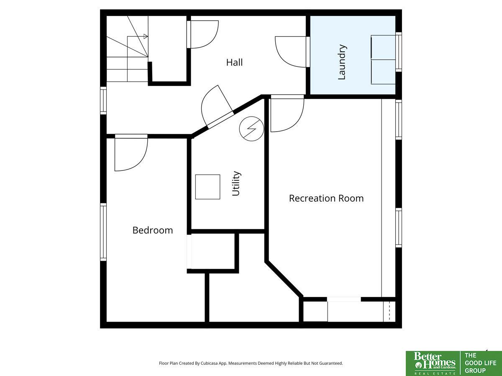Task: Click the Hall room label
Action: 234,62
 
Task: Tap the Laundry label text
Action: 342,62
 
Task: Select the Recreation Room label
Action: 326,198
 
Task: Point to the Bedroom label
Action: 152,230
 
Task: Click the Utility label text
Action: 236,183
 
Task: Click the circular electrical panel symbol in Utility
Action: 251,129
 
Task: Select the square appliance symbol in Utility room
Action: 207,187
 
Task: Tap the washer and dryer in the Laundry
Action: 383,60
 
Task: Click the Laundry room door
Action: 292,51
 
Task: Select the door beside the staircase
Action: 203,34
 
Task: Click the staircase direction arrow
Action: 145,36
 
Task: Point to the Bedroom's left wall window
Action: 103,232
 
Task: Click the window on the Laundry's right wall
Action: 399,51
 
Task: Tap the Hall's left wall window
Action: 103,100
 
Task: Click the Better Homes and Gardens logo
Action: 433,363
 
